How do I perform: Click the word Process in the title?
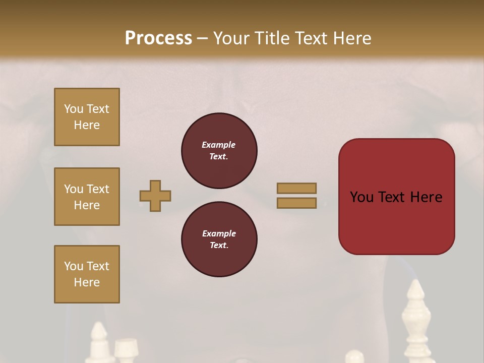point(158,38)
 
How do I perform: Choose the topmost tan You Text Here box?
point(87,117)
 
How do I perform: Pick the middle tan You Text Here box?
point(87,197)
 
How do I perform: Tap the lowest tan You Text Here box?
point(87,274)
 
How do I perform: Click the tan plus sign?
point(155,196)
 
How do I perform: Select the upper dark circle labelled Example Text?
point(219,150)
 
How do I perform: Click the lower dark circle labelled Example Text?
point(219,239)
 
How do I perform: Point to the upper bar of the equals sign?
point(296,188)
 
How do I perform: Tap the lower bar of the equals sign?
point(296,203)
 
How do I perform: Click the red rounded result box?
point(396,196)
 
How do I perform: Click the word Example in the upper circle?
point(218,145)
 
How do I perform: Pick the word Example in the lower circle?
point(219,233)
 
